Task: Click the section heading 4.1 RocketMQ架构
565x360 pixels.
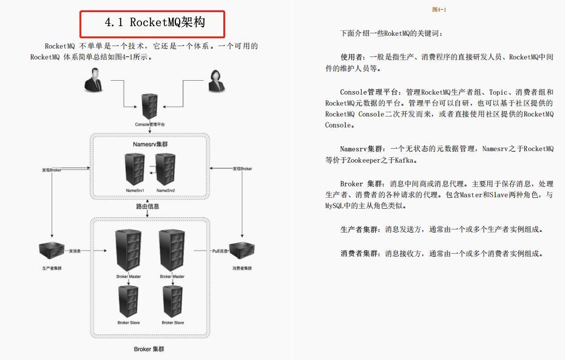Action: (153, 24)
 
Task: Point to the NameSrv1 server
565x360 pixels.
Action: (134, 169)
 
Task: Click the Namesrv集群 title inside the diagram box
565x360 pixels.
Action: (151, 144)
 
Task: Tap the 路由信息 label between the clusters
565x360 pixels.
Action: (149, 207)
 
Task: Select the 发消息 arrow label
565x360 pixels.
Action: (75, 250)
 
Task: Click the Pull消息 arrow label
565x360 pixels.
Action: (219, 250)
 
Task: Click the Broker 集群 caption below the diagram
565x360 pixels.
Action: (149, 349)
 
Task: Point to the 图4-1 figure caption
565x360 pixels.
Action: (439, 10)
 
